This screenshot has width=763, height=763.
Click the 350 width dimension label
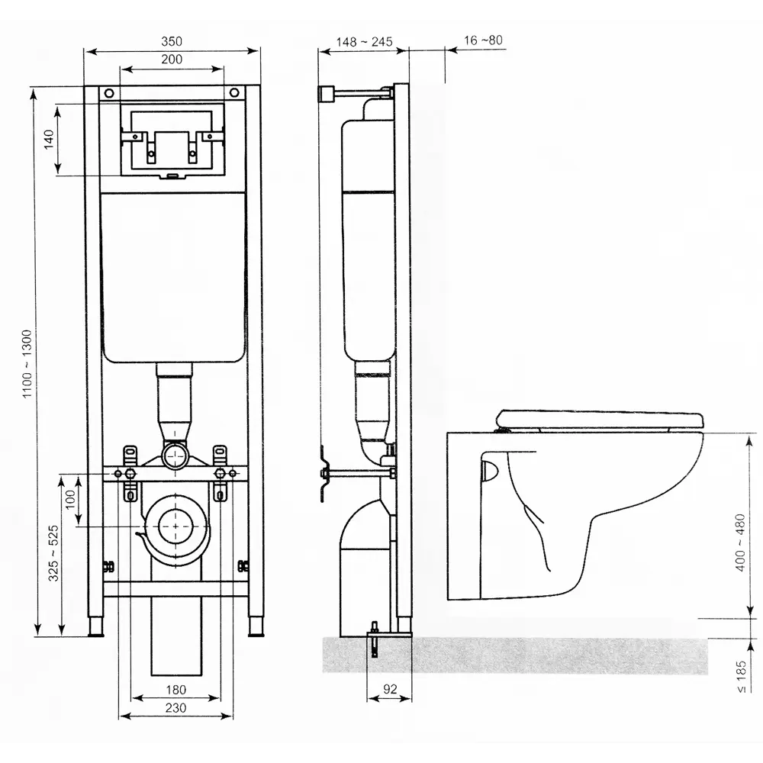172,40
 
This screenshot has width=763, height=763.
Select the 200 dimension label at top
172,59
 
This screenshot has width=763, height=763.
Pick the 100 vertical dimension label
70,501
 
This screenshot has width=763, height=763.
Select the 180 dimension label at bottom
175,691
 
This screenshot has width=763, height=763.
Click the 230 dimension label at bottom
175,708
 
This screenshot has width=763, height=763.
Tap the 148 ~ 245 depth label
365,41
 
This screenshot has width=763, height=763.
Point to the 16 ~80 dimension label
482,40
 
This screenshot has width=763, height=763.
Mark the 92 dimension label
390,689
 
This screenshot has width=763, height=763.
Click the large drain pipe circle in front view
177,526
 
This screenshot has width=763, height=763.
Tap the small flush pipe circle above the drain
177,457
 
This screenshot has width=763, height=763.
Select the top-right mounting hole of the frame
237,92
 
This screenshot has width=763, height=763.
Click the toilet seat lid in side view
599,418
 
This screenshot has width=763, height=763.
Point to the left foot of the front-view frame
98,627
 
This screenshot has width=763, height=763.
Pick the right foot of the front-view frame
255,627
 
